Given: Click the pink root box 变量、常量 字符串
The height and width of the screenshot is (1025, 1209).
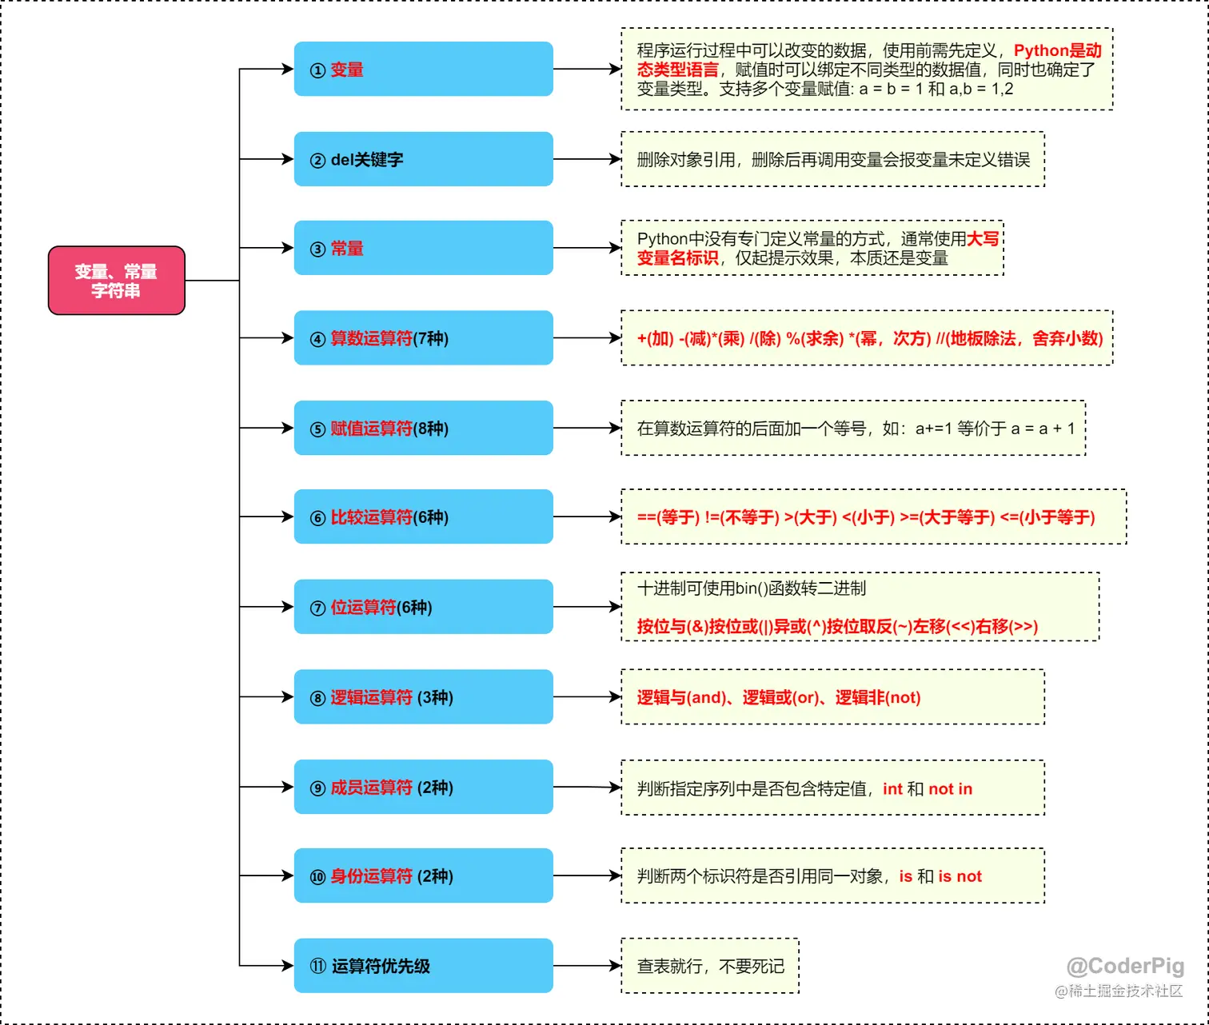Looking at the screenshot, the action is coord(117,281).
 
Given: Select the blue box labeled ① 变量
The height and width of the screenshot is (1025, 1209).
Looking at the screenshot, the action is coord(423,70).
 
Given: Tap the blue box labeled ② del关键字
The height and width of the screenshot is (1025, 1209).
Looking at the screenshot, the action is coord(423,159).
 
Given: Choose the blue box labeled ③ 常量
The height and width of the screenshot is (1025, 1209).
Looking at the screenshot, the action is coord(423,248).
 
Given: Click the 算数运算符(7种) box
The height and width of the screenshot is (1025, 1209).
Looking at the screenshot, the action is coord(423,338).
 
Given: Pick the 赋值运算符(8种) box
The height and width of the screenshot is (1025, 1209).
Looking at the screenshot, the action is coord(423,428).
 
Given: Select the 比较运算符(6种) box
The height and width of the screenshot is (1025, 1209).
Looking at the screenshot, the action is coord(423,516).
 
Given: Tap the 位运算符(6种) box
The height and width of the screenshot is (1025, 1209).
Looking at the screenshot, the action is coord(423,607).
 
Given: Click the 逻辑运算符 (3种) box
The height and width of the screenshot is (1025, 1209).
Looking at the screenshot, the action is coord(423,697).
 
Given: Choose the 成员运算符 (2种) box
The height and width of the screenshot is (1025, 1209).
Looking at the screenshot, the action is coord(423,787).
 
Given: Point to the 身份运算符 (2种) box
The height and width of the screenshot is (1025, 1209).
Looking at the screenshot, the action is coord(423,875).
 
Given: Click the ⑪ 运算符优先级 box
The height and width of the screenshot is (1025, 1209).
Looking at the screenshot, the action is coord(423,966).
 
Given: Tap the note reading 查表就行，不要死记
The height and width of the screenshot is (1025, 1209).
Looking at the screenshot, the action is coord(710,966).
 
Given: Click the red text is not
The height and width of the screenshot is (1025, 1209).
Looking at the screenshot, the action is coord(960,876).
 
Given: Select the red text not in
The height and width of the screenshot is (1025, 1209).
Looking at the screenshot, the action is coord(950,788).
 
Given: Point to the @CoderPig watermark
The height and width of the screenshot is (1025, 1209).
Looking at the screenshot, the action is coord(1125,966).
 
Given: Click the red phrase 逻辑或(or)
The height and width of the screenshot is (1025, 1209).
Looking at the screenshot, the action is coord(781,697).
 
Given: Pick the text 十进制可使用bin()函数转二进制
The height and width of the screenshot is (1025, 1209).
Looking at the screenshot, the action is coord(751,588).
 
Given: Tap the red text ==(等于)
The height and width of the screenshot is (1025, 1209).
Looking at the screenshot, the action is coord(668,517).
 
